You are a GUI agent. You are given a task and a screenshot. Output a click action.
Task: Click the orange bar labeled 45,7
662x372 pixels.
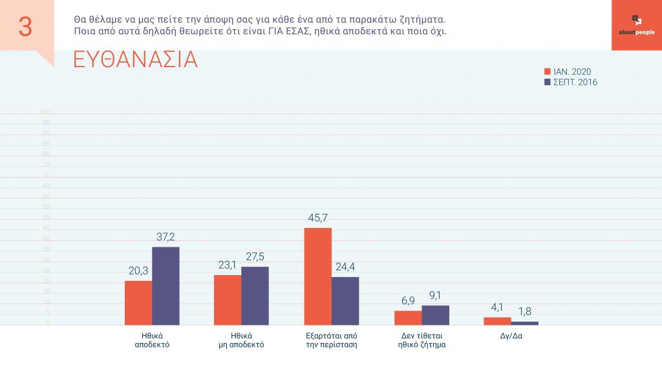pos(318,276)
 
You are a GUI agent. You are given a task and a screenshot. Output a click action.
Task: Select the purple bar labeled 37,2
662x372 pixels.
pos(165,286)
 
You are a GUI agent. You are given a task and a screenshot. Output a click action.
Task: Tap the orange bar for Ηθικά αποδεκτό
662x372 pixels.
pos(138,303)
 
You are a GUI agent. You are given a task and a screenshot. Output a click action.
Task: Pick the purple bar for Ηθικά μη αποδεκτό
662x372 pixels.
pos(255,296)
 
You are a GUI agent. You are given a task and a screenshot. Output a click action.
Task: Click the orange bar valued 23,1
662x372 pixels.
pos(228,300)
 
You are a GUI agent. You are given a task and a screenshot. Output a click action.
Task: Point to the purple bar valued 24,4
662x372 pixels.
pos(345,301)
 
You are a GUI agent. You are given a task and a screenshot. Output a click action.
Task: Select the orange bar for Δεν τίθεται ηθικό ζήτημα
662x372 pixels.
pos(408,318)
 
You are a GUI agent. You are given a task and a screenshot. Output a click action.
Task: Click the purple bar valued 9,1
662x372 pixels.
pos(435,315)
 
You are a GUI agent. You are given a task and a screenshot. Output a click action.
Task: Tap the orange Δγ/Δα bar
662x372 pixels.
pos(497,321)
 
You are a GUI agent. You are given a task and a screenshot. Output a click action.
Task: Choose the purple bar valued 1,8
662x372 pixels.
pos(524,323)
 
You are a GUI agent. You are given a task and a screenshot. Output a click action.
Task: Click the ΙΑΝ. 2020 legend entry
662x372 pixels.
pos(568,72)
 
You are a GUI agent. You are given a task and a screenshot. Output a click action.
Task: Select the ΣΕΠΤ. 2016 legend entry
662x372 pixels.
pos(571,82)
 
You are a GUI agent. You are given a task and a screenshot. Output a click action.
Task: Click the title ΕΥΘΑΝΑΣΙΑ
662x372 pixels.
pos(135,59)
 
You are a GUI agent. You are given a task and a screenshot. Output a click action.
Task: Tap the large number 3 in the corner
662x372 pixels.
pos(25,26)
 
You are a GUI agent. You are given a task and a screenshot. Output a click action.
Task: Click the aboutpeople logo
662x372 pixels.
pos(636,25)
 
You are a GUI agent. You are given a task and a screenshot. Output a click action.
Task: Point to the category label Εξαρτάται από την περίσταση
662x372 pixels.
pos(332,340)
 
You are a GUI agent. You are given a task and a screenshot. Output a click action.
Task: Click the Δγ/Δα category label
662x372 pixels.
pos(511,336)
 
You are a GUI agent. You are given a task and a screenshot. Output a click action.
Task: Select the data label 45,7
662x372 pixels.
pos(318,218)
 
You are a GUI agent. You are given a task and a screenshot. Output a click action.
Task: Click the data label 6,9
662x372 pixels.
pos(408,301)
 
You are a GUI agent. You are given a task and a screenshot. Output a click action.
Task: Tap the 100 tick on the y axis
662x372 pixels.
pos(45,112)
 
